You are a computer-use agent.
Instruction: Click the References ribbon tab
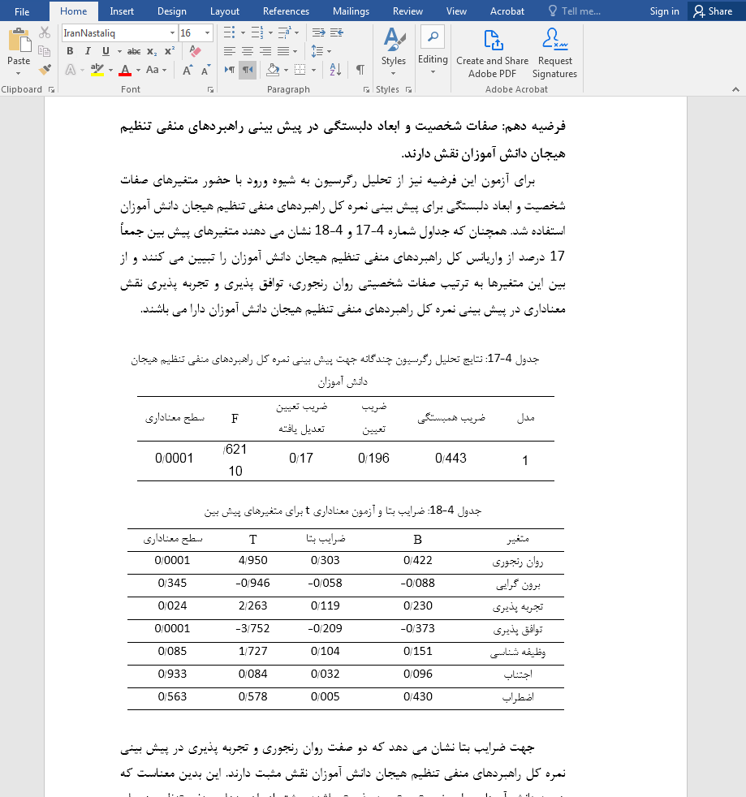click(x=286, y=11)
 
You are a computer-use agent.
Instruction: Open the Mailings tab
click(x=350, y=11)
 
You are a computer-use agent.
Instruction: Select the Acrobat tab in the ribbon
click(x=507, y=11)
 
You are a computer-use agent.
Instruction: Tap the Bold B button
click(x=70, y=51)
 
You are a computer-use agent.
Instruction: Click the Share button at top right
click(x=712, y=11)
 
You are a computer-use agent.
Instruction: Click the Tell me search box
click(x=581, y=11)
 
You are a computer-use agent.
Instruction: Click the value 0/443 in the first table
click(x=451, y=459)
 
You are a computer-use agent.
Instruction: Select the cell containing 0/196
click(x=373, y=459)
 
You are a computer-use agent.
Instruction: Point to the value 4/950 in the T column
click(x=253, y=561)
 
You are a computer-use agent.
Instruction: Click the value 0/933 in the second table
click(x=172, y=674)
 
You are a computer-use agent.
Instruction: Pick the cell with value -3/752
click(x=253, y=629)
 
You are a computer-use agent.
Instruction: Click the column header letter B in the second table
click(x=417, y=539)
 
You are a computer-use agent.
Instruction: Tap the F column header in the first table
click(x=235, y=419)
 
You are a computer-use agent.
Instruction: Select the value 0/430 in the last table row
click(x=418, y=697)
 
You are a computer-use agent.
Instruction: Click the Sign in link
click(x=664, y=11)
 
